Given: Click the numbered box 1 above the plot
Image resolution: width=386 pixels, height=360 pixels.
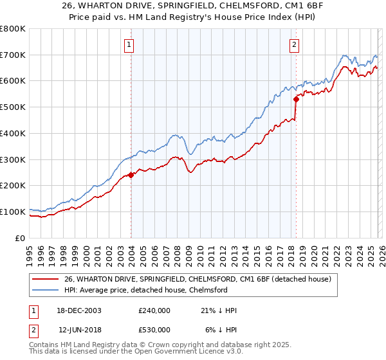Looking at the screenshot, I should (130, 45).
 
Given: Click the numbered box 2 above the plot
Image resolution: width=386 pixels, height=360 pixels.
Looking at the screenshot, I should (294, 45).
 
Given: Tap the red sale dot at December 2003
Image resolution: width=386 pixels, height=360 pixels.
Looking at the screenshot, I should (131, 174).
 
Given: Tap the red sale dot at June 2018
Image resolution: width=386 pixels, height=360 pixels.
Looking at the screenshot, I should (296, 99).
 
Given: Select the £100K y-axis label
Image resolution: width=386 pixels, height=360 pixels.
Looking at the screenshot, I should (14, 212).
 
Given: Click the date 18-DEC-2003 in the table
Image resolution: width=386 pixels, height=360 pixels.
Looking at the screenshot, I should (79, 310).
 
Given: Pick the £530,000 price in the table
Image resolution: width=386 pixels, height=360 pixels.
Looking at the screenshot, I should (154, 330).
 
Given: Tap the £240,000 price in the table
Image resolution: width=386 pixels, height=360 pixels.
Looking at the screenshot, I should (154, 310).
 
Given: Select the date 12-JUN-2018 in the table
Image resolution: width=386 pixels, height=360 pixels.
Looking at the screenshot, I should (79, 330).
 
